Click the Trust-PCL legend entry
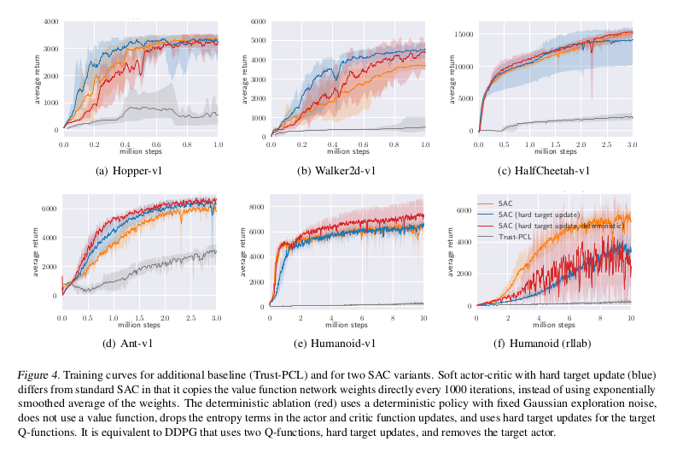[x=511, y=235]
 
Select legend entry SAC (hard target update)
[x=537, y=213]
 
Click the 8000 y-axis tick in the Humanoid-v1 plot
[x=257, y=206]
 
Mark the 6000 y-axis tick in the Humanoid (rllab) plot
[x=465, y=209]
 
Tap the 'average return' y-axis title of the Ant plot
[x=37, y=248]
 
